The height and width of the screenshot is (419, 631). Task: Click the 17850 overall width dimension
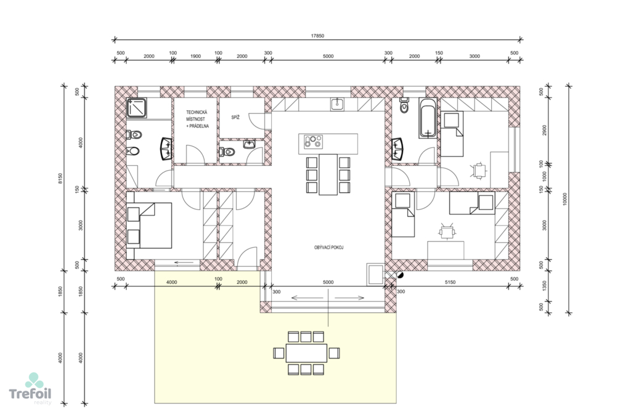pyautogui.click(x=317, y=36)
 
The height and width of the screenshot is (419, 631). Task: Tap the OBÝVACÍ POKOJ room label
pyautogui.click(x=329, y=248)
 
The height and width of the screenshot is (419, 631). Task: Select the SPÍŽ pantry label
pyautogui.click(x=235, y=118)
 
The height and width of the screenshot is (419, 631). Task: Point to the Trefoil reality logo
pyautogui.click(x=31, y=389)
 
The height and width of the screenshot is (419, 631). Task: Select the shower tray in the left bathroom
pyautogui.click(x=137, y=108)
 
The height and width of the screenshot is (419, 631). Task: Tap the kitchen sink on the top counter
pyautogui.click(x=337, y=104)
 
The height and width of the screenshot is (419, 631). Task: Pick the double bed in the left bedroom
pyautogui.click(x=149, y=226)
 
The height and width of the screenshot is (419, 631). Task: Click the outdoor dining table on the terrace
pyautogui.click(x=306, y=353)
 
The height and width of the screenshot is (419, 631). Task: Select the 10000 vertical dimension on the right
pyautogui.click(x=564, y=199)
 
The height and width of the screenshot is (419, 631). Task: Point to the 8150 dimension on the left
pyautogui.click(x=60, y=178)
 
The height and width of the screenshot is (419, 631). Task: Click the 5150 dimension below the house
pyautogui.click(x=450, y=282)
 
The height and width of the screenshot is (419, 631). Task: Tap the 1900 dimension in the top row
pyautogui.click(x=195, y=56)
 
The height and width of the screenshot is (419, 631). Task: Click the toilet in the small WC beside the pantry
pyautogui.click(x=227, y=152)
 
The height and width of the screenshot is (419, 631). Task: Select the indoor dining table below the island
pyautogui.click(x=328, y=174)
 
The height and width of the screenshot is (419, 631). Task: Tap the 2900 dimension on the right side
pyautogui.click(x=545, y=129)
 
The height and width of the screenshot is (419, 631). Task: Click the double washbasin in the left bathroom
pyautogui.click(x=166, y=149)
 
